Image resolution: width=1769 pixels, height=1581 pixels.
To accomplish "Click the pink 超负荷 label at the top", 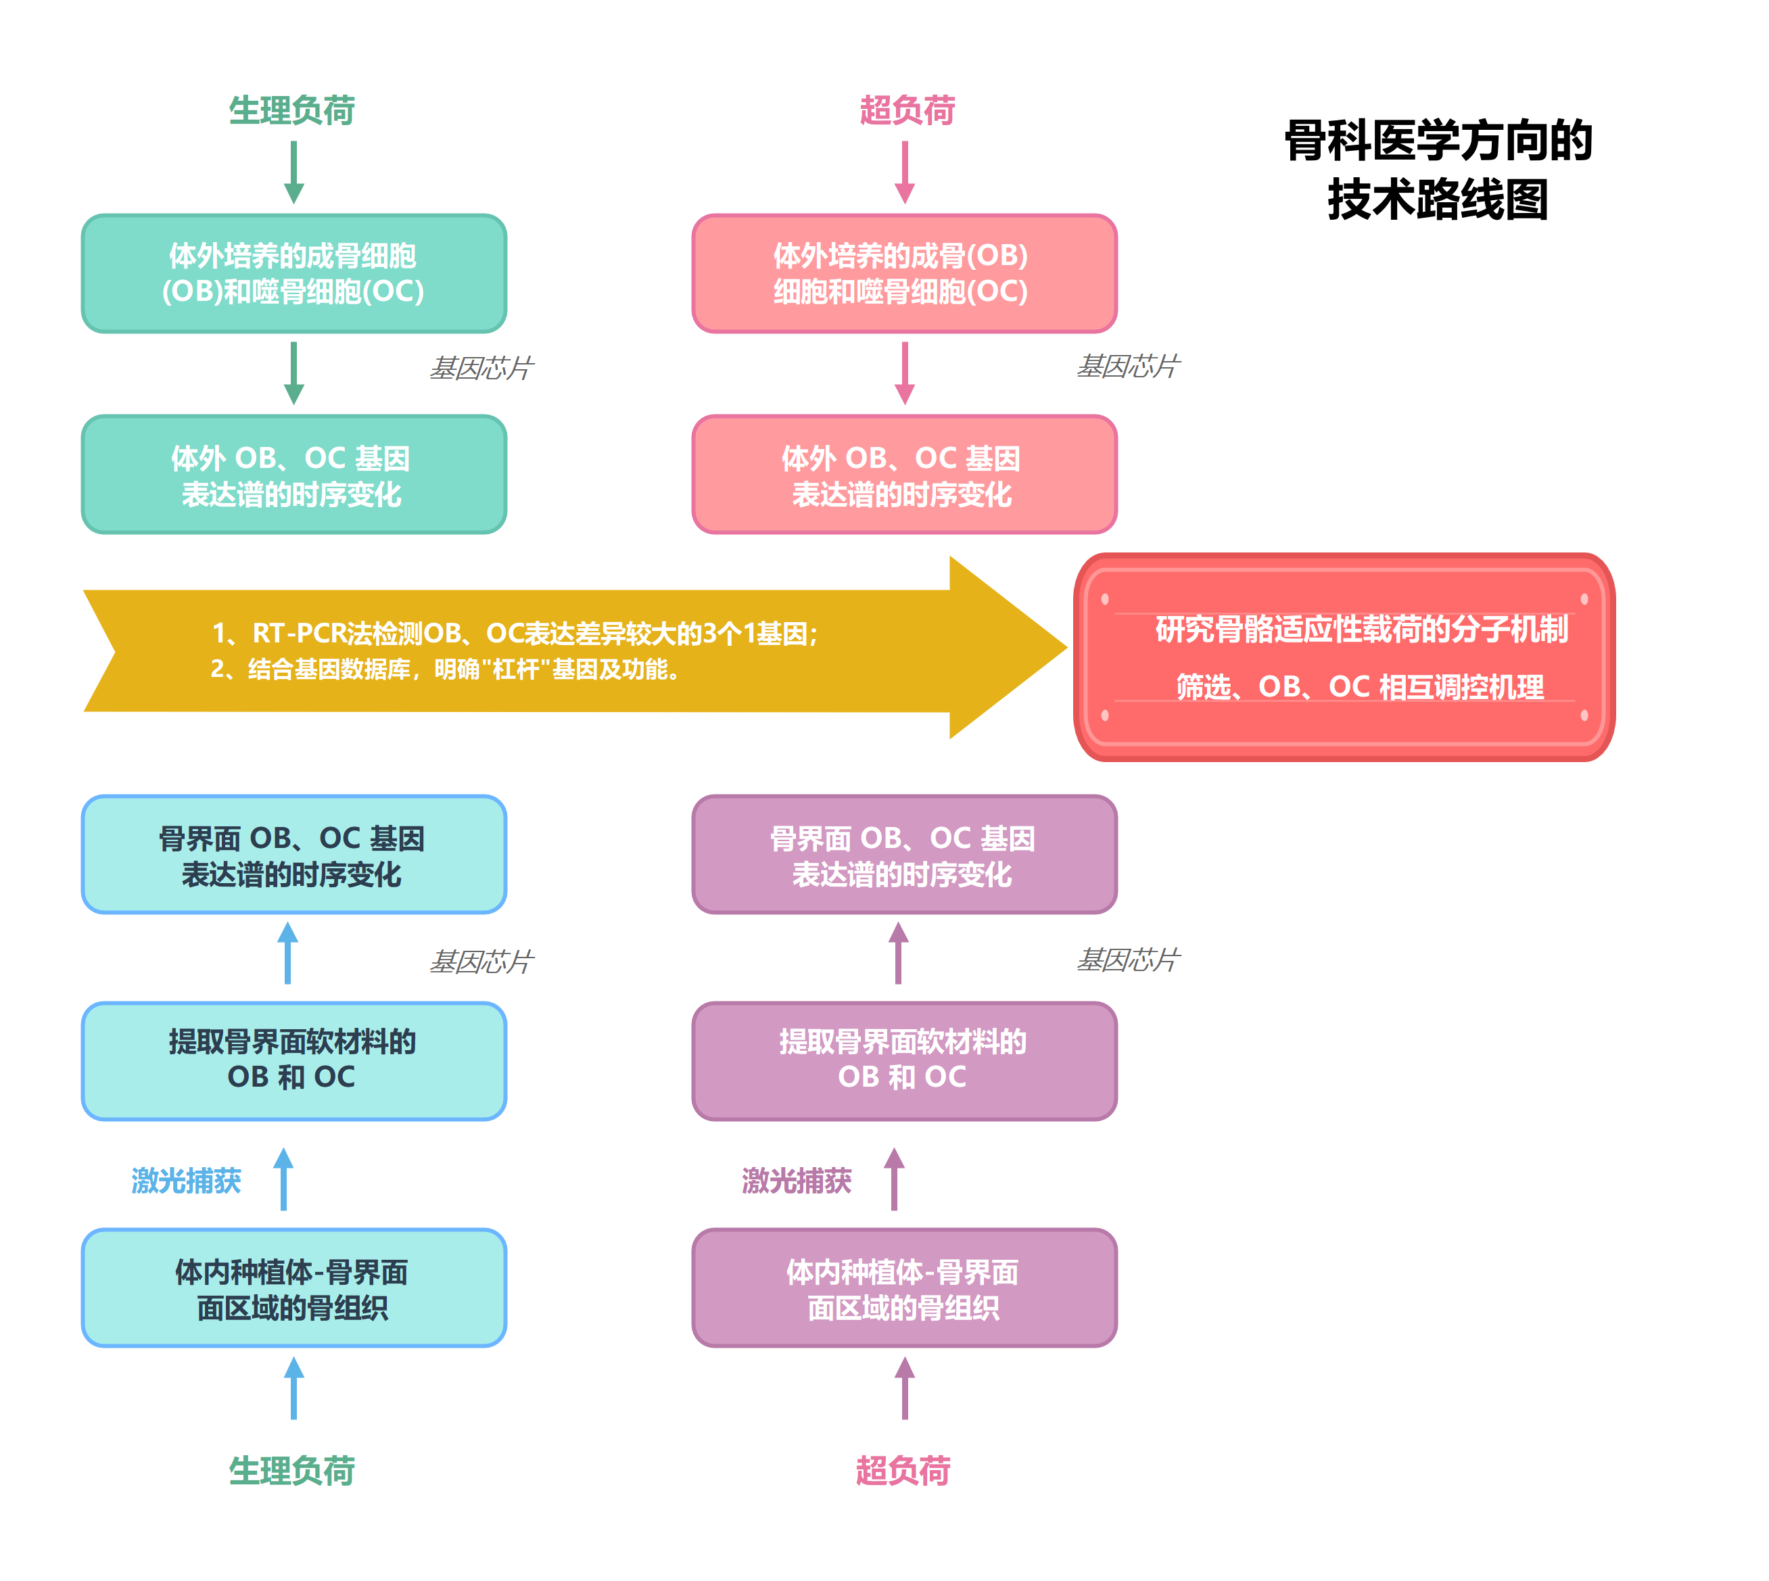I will click(906, 110).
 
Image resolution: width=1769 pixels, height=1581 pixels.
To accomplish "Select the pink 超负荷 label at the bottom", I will click(903, 1471).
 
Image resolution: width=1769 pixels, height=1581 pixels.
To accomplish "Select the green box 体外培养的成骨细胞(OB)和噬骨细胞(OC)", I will click(293, 274).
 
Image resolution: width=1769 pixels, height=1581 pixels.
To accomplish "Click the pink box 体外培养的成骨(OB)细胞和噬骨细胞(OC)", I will click(903, 274).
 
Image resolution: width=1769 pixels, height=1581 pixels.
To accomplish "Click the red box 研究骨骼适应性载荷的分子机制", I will click(1344, 657).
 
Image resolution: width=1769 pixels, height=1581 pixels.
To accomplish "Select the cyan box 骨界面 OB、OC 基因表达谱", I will click(293, 855).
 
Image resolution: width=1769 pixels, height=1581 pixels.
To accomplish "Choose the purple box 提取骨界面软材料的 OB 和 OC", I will click(903, 1061).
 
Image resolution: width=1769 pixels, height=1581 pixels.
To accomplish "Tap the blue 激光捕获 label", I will click(186, 1180).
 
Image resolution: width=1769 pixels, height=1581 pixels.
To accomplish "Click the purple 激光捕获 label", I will click(796, 1180).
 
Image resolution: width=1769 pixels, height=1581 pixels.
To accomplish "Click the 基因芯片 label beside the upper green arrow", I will click(481, 367).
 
